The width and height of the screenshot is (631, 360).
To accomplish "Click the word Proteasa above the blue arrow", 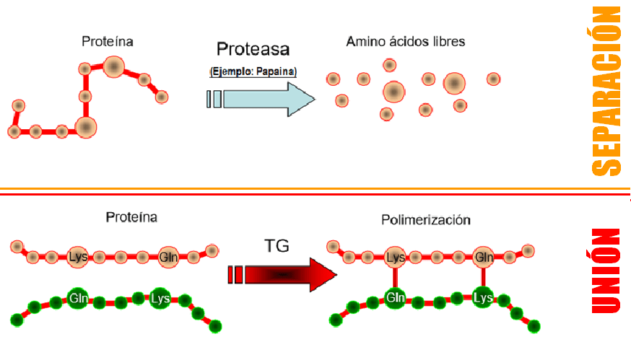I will pyautogui.click(x=253, y=49).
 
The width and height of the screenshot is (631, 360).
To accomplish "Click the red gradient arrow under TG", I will pyautogui.click(x=289, y=275).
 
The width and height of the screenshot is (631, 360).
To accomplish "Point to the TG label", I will pyautogui.click(x=277, y=245).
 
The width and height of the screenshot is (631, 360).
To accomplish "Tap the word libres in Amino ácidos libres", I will pyautogui.click(x=448, y=42).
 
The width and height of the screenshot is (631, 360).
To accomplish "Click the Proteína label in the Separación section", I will pyautogui.click(x=108, y=42).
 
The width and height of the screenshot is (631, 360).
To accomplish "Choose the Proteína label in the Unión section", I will pyautogui.click(x=131, y=216).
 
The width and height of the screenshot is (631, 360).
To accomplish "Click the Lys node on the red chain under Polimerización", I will pyautogui.click(x=395, y=257).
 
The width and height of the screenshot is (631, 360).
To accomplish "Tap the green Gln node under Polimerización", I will pyautogui.click(x=394, y=297).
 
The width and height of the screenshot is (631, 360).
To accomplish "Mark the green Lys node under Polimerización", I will pyautogui.click(x=483, y=297).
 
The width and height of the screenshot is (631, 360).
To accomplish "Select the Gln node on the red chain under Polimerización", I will pyautogui.click(x=483, y=257).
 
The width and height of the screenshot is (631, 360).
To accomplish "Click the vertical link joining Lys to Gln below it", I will pyautogui.click(x=395, y=277).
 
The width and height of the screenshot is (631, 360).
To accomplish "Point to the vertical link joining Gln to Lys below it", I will pyautogui.click(x=483, y=277).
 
